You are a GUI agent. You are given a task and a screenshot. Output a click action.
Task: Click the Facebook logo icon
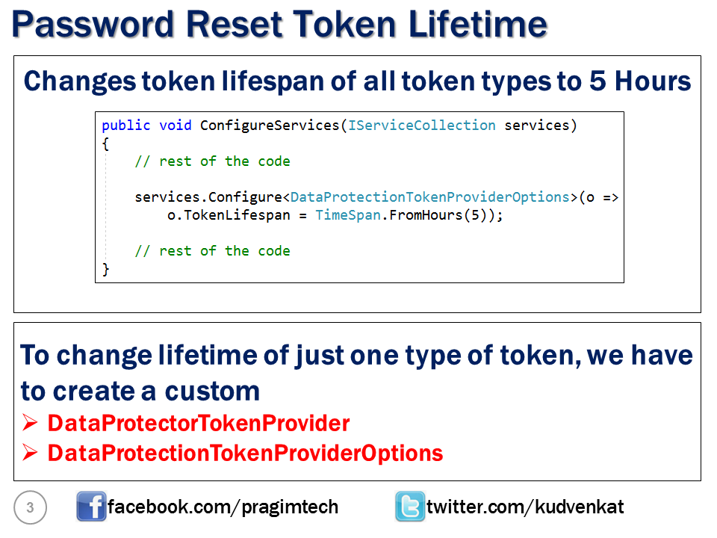91,506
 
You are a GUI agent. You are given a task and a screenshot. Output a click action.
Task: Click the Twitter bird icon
410,506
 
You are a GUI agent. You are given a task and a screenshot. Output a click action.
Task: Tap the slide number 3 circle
30,507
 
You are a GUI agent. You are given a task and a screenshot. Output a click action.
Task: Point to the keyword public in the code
125,126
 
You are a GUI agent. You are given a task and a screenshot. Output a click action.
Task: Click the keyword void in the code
175,126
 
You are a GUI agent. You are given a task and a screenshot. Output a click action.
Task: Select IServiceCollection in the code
421,126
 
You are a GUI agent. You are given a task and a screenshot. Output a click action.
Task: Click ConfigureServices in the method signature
270,126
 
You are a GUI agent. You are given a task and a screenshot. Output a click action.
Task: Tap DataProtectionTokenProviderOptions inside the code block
430,197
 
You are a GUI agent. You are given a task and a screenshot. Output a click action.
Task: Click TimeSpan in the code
348,215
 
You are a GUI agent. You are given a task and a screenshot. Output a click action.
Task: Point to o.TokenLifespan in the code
229,215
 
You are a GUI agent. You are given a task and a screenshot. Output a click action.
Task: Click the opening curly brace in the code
105,143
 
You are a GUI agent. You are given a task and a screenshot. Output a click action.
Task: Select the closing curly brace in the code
105,268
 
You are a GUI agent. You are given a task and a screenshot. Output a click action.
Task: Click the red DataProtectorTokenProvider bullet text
199,423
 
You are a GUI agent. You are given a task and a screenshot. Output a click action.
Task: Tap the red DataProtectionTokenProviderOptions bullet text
245,454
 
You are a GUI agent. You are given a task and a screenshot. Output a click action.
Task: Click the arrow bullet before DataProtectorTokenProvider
30,423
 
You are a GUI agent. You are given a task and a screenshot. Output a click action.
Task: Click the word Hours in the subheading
653,81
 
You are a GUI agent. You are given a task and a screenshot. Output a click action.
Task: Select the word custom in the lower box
212,392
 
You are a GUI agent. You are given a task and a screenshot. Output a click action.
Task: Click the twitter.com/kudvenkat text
525,507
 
